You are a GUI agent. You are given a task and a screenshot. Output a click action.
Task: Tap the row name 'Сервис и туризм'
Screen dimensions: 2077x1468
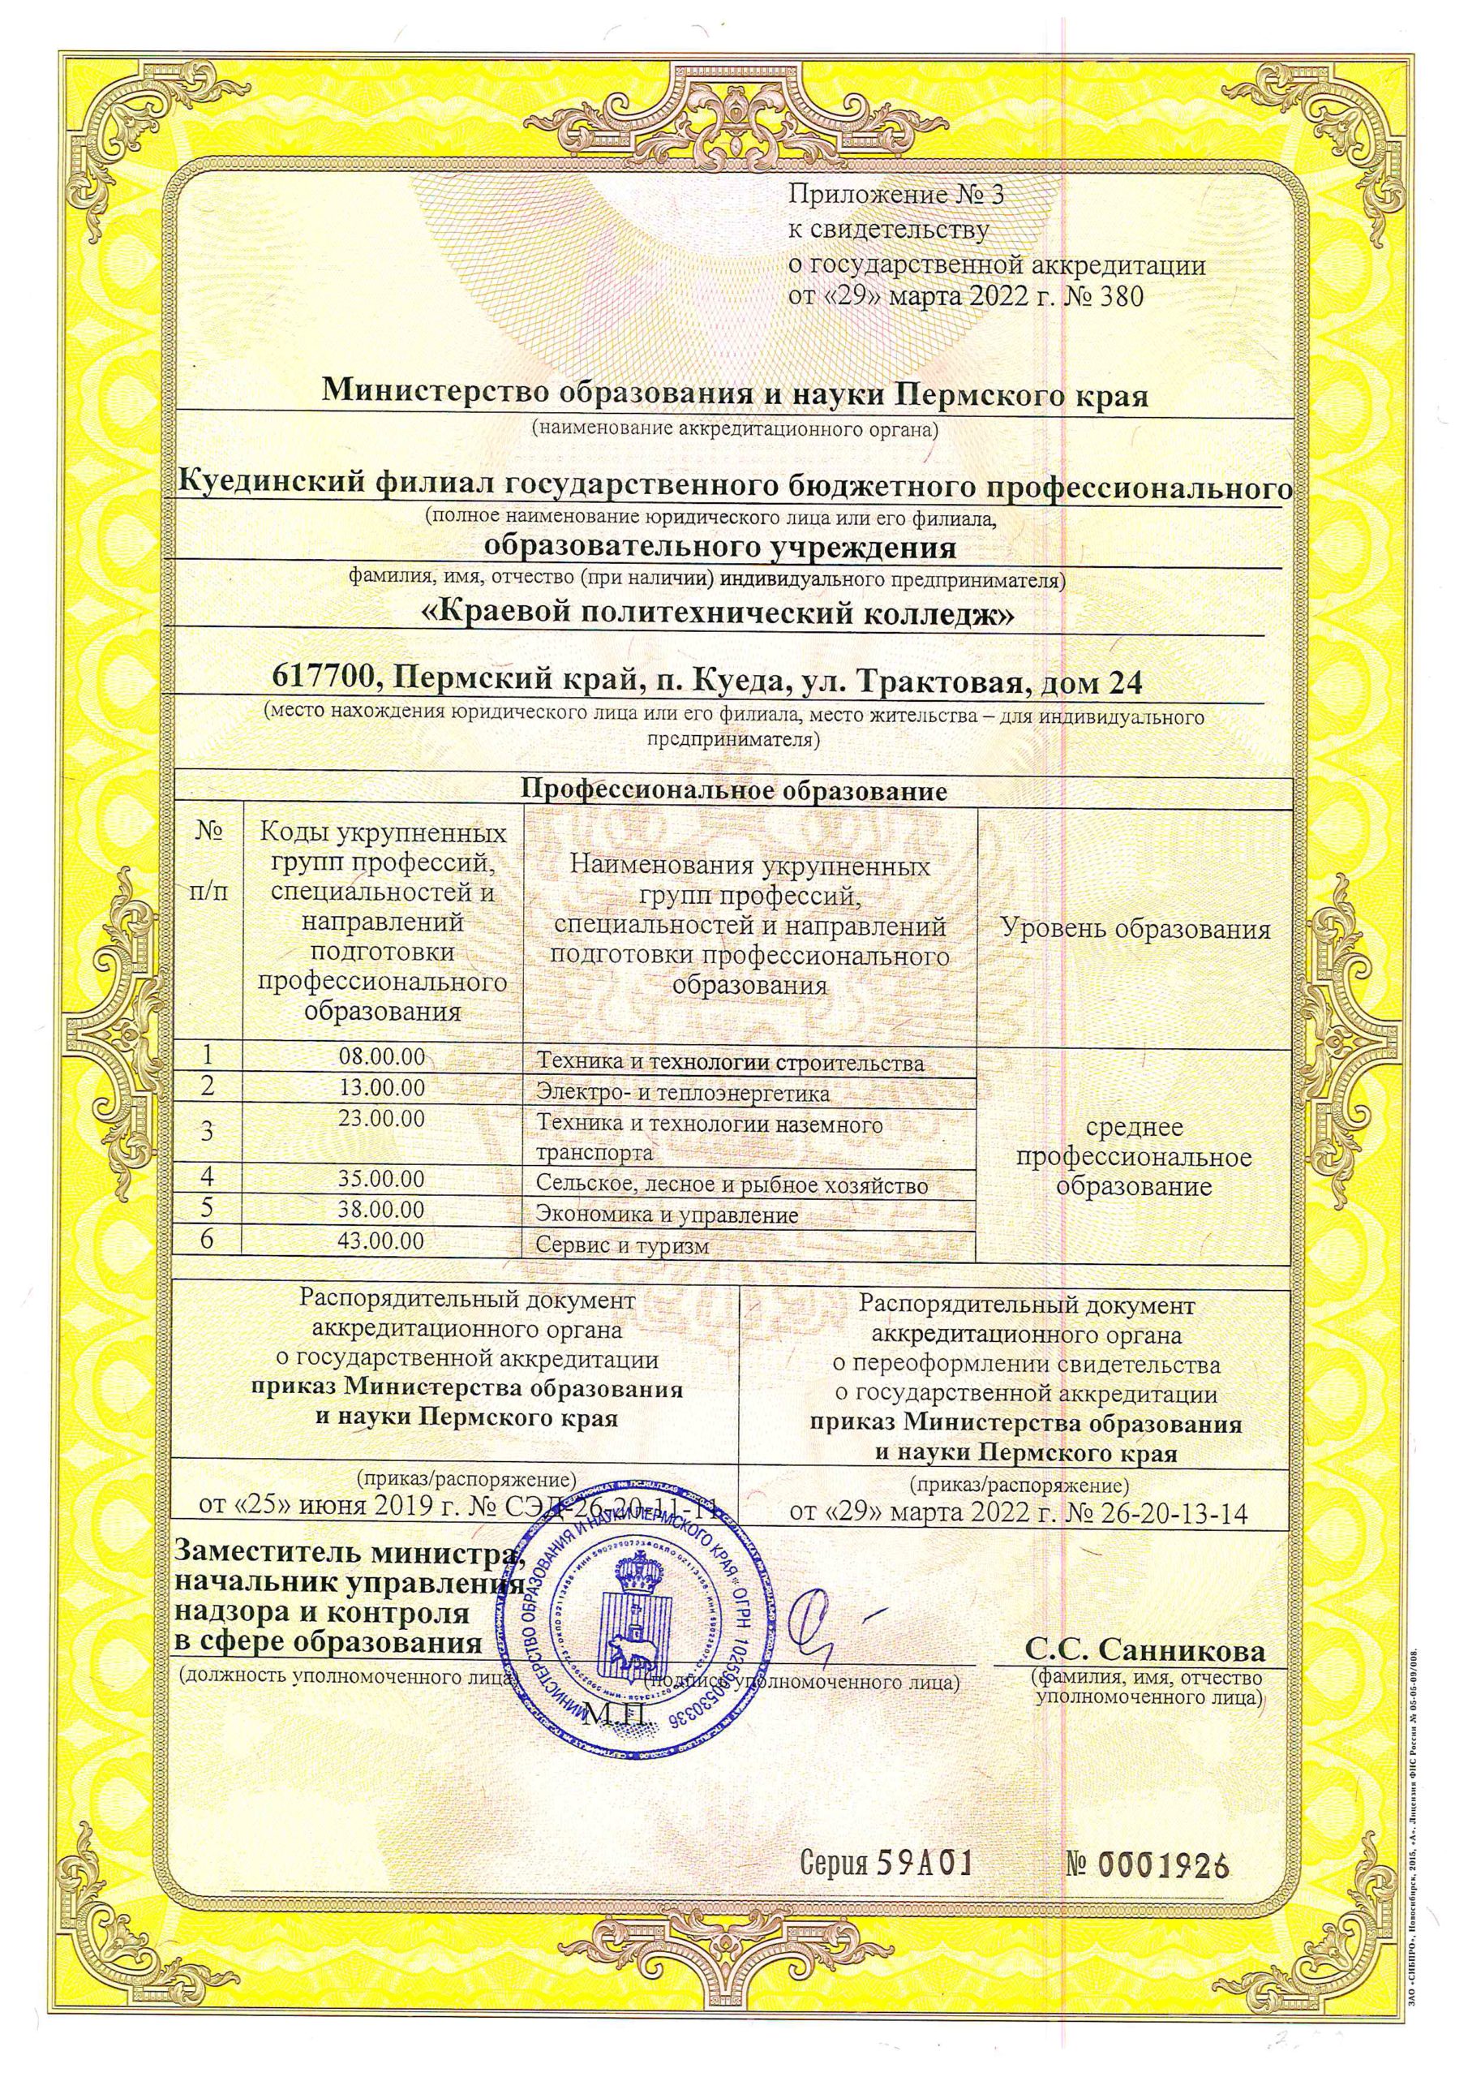click(620, 1245)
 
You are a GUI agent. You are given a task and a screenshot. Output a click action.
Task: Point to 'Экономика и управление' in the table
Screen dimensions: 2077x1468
click(667, 1215)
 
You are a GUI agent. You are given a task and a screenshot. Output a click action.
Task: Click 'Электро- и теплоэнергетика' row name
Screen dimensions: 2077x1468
click(683, 1093)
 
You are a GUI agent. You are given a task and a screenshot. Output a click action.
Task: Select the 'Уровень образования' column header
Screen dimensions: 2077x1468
click(1135, 929)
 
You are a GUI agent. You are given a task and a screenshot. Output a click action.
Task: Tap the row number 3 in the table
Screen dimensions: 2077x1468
click(208, 1130)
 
